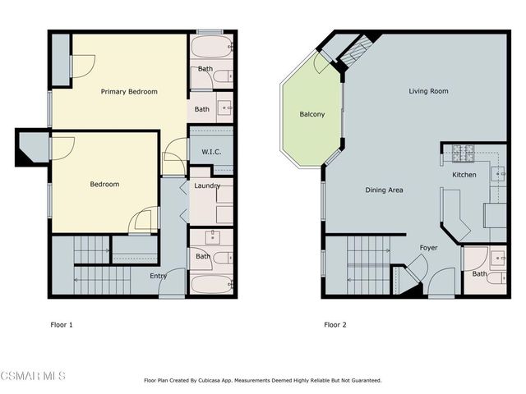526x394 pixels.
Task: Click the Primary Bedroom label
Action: click(129, 91)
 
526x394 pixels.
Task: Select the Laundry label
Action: click(206, 186)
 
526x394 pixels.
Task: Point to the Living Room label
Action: click(428, 91)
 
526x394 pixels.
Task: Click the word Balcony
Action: click(311, 114)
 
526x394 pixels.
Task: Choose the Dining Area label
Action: click(384, 190)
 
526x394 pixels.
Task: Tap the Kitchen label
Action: click(464, 175)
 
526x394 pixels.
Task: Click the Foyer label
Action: click(428, 247)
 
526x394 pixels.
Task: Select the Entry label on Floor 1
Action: click(159, 276)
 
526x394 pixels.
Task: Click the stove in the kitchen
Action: click(464, 153)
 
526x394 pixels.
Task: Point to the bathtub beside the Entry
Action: click(211, 285)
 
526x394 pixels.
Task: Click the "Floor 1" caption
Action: click(62, 324)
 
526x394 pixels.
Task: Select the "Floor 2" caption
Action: click(335, 324)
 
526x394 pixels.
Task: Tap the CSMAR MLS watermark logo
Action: click(33, 376)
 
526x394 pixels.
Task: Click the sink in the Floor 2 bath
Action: click(498, 258)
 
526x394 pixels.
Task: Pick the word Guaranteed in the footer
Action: click(362, 380)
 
